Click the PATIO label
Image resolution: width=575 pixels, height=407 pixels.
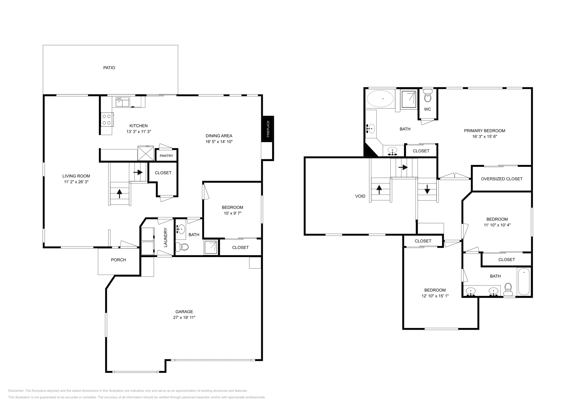coord(109,68)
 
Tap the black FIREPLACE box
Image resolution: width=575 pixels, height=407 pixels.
coord(268,129)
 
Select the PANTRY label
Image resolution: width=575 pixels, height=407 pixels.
coord(166,156)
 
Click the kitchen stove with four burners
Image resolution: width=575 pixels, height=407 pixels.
coord(107,119)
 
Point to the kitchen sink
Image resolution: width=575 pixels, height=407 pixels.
coord(123,102)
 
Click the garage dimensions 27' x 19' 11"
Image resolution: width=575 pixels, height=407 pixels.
coord(184,317)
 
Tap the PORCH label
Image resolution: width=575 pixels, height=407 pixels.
coord(118,260)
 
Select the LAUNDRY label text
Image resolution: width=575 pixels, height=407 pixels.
coord(166,237)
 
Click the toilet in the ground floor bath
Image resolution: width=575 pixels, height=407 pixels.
coord(183,247)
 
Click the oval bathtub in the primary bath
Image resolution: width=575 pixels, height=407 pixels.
coord(380,98)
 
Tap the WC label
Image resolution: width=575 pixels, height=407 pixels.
coord(427,109)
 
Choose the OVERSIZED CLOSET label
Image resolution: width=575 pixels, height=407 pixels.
coord(502,179)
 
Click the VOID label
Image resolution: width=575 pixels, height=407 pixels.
coord(360,196)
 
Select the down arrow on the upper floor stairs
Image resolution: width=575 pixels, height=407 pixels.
coord(427,189)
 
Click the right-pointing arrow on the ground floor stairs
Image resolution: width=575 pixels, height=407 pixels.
coord(138,172)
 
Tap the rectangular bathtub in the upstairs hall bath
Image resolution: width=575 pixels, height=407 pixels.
coord(524,282)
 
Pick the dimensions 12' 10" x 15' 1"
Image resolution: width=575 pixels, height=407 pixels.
coord(435,296)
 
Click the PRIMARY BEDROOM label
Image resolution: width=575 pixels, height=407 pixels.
coord(484,131)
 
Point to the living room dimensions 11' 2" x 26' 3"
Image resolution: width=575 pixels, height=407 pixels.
coord(76,182)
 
